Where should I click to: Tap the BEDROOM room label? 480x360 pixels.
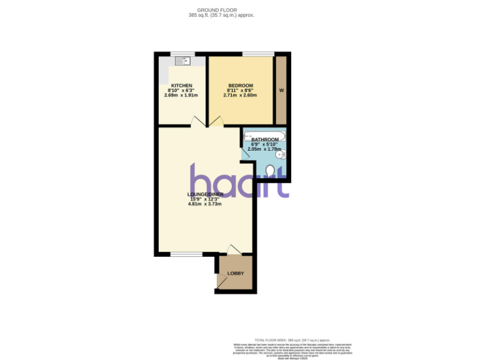tap(241, 85)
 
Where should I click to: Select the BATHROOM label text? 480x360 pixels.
tap(264, 139)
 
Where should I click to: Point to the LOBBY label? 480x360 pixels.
tap(236, 274)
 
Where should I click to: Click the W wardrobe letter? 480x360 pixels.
tap(281, 91)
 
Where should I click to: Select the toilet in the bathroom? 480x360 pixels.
tap(270, 170)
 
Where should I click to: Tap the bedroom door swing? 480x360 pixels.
tap(216, 121)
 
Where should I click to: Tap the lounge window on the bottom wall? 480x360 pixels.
tap(186, 254)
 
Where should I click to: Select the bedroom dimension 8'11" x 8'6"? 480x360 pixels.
tap(241, 90)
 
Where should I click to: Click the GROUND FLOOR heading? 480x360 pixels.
tap(222, 10)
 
